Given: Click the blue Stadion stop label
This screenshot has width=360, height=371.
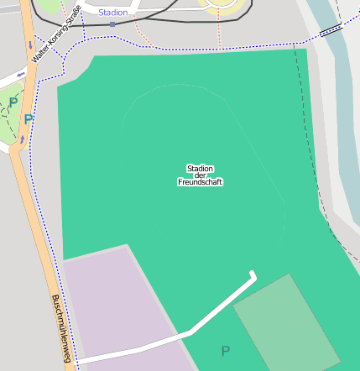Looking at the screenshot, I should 114,13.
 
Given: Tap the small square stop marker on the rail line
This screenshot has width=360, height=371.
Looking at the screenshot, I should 112,24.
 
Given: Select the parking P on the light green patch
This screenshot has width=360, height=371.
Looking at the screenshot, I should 13,102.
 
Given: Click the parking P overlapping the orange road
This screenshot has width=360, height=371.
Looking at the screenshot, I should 28,119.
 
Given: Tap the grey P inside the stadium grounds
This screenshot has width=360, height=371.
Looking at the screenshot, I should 224,351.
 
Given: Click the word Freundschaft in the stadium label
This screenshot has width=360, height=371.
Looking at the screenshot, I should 200,182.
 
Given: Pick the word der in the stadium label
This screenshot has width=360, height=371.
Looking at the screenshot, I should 200,175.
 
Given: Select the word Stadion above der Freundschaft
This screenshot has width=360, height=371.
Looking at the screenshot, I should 200,168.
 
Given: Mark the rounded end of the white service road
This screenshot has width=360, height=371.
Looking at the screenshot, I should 253,274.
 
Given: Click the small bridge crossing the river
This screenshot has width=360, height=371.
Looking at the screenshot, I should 331,29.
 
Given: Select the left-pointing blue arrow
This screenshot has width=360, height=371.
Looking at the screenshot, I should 20,75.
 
